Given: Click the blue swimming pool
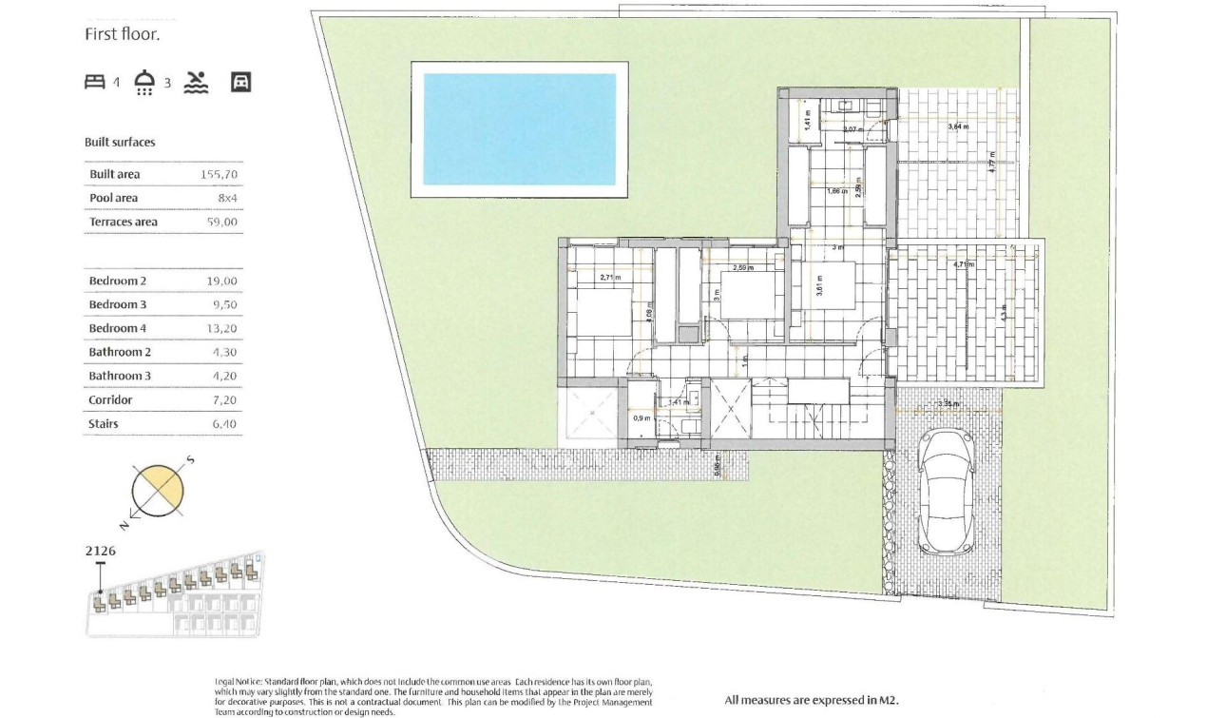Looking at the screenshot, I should pyautogui.click(x=519, y=129).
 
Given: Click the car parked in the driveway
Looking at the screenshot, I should pyautogui.click(x=945, y=491).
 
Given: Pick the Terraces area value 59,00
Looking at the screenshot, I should pyautogui.click(x=220, y=222).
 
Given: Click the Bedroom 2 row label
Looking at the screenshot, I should pyautogui.click(x=118, y=281).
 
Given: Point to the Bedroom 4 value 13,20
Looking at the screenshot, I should pyautogui.click(x=220, y=328).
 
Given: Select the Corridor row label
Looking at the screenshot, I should pyautogui.click(x=110, y=400).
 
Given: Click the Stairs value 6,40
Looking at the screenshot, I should pyautogui.click(x=220, y=424).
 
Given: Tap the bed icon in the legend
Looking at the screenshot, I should pyautogui.click(x=94, y=83).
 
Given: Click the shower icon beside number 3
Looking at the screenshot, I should pyautogui.click(x=144, y=83).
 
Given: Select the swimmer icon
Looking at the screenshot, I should pyautogui.click(x=196, y=83).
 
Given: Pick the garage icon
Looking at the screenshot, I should pyautogui.click(x=241, y=83).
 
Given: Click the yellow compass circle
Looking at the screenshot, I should pyautogui.click(x=157, y=491).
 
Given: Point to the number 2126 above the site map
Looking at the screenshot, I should pyautogui.click(x=101, y=551).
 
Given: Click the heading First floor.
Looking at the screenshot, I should pyautogui.click(x=123, y=35).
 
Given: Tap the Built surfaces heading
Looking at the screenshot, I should pyautogui.click(x=120, y=143).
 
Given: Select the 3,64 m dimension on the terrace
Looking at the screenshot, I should pyautogui.click(x=957, y=126).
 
